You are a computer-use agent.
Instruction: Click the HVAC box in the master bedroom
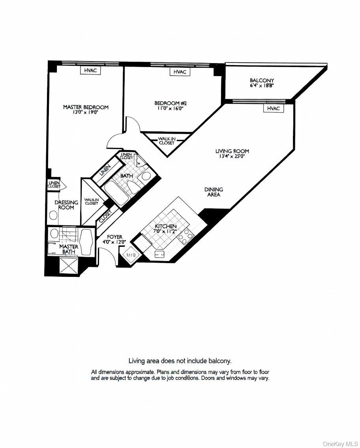[90, 70]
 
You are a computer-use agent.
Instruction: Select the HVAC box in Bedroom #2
[180, 72]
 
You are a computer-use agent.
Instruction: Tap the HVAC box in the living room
[274, 108]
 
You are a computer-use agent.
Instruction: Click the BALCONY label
[262, 80]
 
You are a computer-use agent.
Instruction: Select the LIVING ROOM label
[232, 151]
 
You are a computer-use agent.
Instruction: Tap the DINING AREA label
[214, 192]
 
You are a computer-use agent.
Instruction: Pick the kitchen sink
[159, 254]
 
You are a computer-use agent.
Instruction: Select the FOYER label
[114, 237]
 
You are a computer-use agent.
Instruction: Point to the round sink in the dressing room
[53, 215]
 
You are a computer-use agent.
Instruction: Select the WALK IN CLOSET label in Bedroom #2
[167, 141]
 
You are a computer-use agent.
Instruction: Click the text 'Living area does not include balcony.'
[180, 360]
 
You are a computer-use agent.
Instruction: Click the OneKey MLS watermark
[340, 444]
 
